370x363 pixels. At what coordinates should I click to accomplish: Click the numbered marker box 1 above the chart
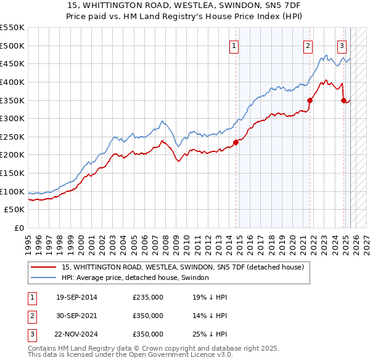[x=235, y=44]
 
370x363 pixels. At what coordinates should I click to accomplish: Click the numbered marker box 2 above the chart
[x=308, y=44]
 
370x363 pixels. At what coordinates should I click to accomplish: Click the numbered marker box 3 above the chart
[x=342, y=44]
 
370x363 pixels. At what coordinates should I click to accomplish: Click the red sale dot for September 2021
[x=310, y=100]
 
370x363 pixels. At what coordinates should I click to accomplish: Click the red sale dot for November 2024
[x=343, y=100]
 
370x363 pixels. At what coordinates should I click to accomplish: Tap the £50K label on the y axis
[x=15, y=210]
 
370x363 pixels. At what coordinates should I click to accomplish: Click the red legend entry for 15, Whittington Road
[x=183, y=267]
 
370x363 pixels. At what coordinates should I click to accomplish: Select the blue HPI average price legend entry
[x=136, y=277]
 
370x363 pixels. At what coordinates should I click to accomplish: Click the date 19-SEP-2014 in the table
[x=76, y=298]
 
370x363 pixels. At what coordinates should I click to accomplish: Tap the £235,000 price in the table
[x=148, y=298]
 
